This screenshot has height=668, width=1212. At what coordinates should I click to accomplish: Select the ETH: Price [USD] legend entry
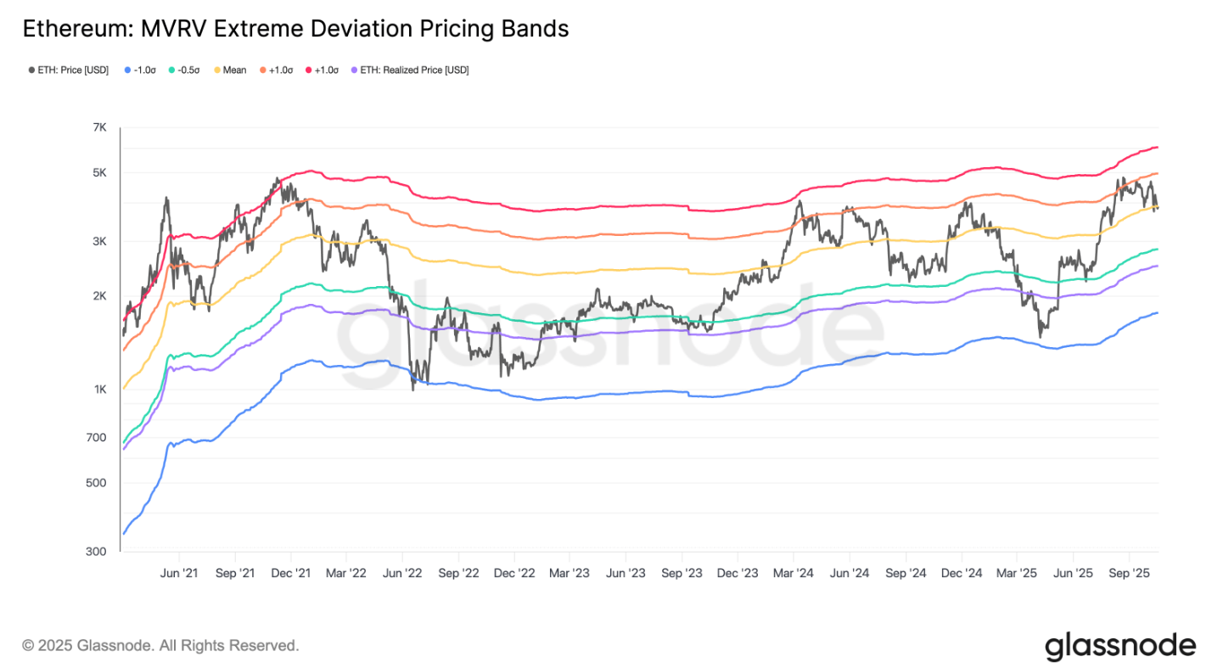click(x=68, y=70)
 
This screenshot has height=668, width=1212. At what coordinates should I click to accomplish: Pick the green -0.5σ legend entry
click(x=185, y=70)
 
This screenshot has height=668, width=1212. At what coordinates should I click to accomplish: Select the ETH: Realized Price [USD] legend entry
click(x=409, y=70)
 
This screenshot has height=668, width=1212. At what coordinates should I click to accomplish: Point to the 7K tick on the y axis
click(x=99, y=127)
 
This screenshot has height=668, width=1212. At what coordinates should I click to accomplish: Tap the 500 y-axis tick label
click(x=98, y=483)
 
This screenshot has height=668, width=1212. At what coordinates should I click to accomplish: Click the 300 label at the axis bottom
click(x=98, y=552)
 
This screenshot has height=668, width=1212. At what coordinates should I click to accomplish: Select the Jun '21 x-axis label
click(x=179, y=574)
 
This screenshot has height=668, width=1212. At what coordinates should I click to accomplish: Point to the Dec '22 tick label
click(x=514, y=574)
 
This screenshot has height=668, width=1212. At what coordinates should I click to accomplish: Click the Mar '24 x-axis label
click(x=794, y=574)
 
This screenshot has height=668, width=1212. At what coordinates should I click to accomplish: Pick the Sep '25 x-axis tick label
click(x=1129, y=574)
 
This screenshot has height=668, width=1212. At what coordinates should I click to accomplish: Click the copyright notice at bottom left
click(x=160, y=646)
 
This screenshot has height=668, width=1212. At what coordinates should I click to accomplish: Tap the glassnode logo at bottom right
click(x=1119, y=646)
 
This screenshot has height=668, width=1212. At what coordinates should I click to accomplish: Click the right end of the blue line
click(x=1158, y=312)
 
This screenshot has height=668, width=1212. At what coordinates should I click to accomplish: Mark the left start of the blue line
click(x=124, y=534)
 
